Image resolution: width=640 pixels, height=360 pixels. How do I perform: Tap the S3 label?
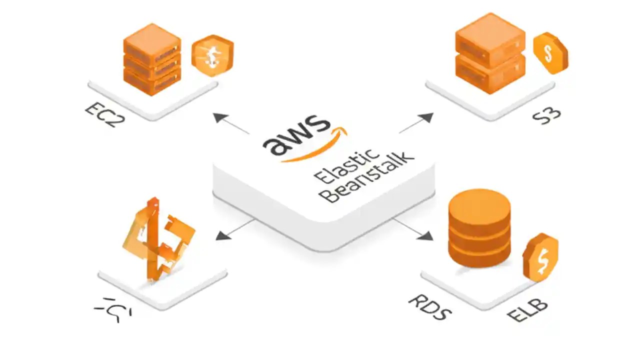click(546, 116)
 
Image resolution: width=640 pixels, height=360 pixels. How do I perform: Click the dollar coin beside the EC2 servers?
click(212, 55)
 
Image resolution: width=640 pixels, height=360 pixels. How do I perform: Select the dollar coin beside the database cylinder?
click(540, 257)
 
